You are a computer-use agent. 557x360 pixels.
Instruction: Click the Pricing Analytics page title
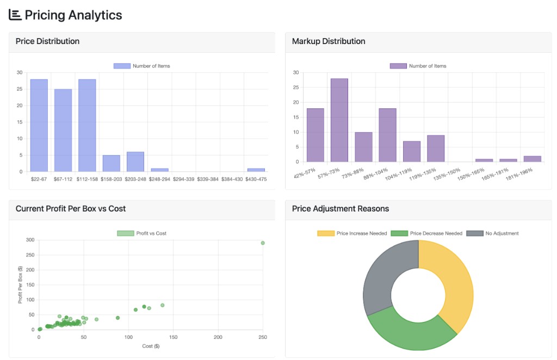[x=73, y=15]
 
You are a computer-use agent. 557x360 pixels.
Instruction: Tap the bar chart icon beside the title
[x=15, y=15]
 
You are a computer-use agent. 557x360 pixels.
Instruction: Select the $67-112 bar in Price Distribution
[x=63, y=131]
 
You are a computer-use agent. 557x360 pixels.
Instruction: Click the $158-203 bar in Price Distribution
[x=111, y=163]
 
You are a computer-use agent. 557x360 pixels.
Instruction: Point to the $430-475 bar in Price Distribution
[x=256, y=170]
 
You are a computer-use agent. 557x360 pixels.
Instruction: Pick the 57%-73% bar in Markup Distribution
[x=339, y=120]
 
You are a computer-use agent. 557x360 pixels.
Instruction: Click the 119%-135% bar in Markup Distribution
[x=436, y=148]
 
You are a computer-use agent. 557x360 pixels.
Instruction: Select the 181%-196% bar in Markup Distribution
[x=532, y=159]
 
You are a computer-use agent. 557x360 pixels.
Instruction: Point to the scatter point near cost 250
[x=263, y=243]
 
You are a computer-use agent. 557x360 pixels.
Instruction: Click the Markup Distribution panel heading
[x=329, y=41]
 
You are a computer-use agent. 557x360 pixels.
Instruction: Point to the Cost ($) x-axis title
[x=151, y=346]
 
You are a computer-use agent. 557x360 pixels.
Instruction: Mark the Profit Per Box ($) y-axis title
[x=21, y=284]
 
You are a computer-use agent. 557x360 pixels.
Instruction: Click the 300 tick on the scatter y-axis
[x=30, y=240]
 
